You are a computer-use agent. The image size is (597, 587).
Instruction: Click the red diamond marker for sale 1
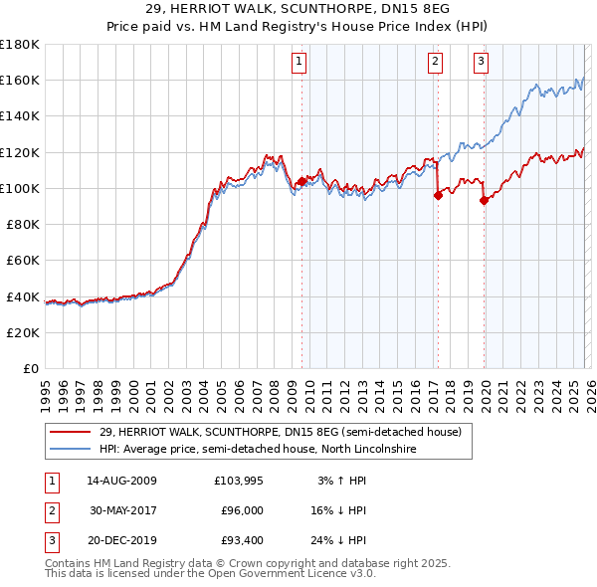pos(301,181)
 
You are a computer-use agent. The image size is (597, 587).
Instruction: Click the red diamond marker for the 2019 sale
pos(484,200)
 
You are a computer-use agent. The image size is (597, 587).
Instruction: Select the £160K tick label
pos(20,80)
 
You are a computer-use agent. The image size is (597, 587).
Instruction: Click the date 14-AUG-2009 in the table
pos(121,481)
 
